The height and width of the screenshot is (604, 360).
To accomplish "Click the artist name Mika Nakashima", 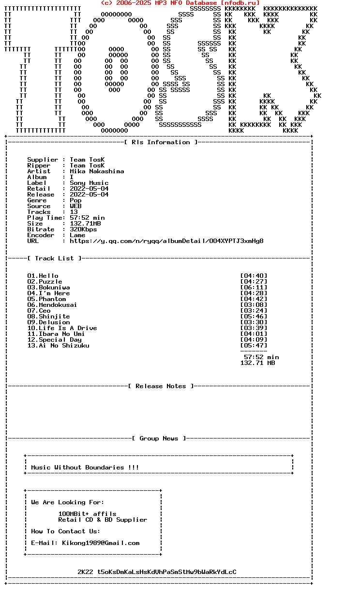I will pyautogui.click(x=97, y=171).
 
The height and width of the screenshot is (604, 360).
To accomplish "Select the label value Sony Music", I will pyautogui.click(x=89, y=183).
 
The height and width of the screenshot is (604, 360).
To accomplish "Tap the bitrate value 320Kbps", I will pyautogui.click(x=83, y=229).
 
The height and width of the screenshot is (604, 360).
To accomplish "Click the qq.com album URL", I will pyautogui.click(x=166, y=241).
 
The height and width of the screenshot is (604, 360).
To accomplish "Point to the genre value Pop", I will pyautogui.click(x=75, y=200).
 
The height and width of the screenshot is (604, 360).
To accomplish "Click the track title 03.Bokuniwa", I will pyautogui.click(x=48, y=287).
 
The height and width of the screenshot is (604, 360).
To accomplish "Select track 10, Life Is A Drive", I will pyautogui.click(x=62, y=328).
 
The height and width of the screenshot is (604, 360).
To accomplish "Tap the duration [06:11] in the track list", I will pyautogui.click(x=254, y=287).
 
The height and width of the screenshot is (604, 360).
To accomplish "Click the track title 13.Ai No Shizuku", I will pyautogui.click(x=58, y=346).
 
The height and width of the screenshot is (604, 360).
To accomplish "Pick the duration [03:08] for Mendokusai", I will pyautogui.click(x=254, y=305).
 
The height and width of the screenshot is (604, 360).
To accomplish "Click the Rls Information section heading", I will pyautogui.click(x=161, y=142).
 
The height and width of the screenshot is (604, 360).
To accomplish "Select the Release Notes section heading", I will pyautogui.click(x=161, y=386).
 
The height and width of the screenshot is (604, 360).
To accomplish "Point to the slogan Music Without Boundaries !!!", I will pyautogui.click(x=85, y=468).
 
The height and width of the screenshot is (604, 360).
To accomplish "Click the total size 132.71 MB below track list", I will pyautogui.click(x=257, y=363).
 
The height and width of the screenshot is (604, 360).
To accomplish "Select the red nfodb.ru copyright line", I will pyautogui.click(x=180, y=3).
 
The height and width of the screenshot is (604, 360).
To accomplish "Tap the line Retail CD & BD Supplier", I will pyautogui.click(x=103, y=520).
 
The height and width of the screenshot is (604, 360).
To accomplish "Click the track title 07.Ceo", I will pyautogui.click(x=39, y=311).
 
